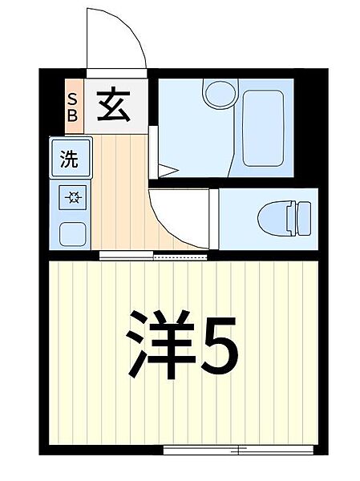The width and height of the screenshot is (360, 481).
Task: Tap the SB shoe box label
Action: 72,106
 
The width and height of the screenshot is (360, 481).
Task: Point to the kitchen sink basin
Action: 71,232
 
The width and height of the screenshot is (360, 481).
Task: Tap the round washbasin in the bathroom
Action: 217,95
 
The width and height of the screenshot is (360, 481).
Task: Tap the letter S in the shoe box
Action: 72,99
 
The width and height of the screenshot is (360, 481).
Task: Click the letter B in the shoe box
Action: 72,114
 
